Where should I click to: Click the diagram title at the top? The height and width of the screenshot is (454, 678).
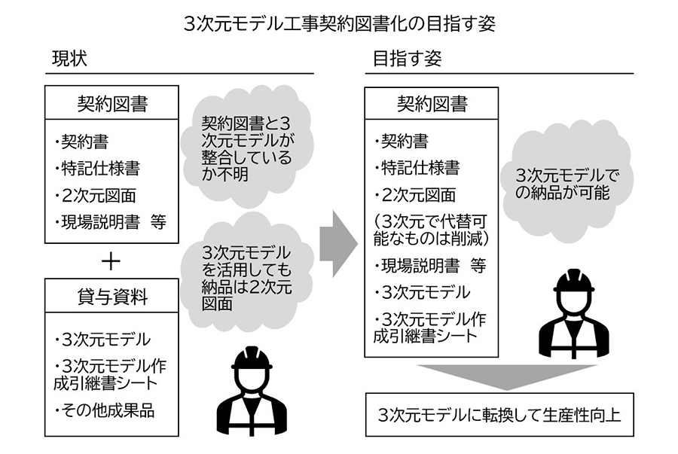339,22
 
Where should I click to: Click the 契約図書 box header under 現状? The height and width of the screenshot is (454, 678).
112,103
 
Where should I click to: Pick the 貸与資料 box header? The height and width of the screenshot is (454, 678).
112,297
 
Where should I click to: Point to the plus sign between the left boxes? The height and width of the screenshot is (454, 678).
111,261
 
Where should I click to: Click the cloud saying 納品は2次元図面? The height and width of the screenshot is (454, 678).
246,274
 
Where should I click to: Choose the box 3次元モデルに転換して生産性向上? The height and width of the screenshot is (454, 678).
499,414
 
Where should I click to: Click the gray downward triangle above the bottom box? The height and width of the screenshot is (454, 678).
499,376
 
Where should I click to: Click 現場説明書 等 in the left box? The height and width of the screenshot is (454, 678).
109,221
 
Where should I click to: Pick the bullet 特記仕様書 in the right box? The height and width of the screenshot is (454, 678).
416,168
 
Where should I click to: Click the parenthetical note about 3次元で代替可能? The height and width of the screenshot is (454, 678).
432,230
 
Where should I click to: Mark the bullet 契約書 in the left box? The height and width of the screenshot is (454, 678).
83,141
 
